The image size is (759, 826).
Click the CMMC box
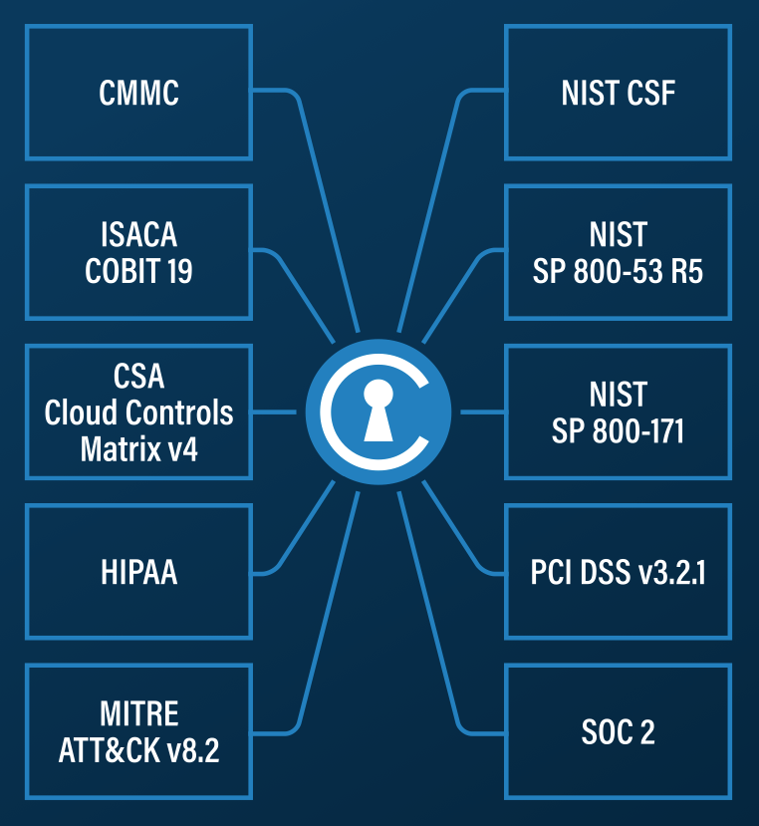point(138,93)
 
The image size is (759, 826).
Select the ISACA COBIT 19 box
point(138,252)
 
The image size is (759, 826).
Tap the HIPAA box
point(138,573)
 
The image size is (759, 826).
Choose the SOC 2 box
point(618,732)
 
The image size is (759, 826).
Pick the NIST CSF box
point(618,93)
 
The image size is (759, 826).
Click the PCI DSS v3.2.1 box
point(618,573)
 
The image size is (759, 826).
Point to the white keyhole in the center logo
point(378,410)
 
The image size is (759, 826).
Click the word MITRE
point(138,714)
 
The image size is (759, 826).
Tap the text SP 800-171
point(618,431)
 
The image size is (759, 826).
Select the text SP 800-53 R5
point(618,271)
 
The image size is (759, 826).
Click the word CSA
point(138,377)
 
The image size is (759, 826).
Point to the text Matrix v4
point(138,448)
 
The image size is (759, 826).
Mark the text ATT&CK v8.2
point(138,750)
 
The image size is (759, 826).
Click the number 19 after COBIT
point(178,271)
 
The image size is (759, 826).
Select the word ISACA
point(138,235)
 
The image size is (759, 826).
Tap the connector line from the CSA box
point(274,412)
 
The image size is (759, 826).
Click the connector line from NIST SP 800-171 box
point(483,412)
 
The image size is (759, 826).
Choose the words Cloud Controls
point(138,413)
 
